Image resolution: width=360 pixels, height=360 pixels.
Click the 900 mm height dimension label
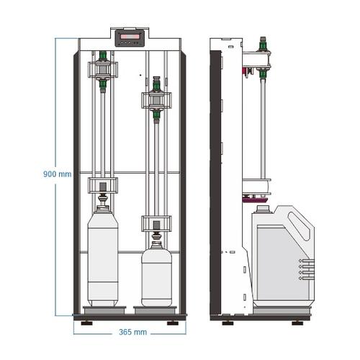coord(57,174)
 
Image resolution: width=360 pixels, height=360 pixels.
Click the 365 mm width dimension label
coord(133,332)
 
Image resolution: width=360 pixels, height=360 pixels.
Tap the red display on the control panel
coord(130,37)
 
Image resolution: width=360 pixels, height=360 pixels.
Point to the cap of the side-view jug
coord(264,209)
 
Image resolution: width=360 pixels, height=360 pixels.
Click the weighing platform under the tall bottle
coord(104,310)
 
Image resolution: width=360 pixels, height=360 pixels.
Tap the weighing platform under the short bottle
coord(156,310)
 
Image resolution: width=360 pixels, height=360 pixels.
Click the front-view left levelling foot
coord(86,323)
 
